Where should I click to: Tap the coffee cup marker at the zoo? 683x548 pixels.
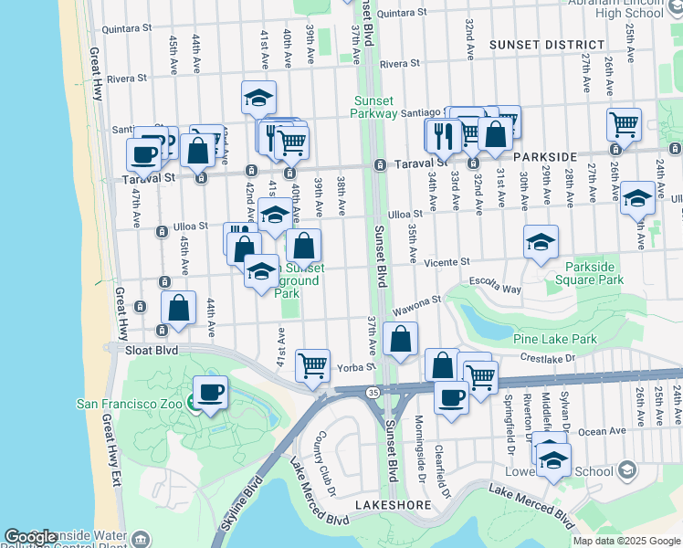(210, 394)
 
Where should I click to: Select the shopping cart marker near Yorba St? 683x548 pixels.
(312, 364)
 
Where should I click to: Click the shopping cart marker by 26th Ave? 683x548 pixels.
(624, 124)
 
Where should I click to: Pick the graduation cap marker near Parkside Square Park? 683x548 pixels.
(541, 242)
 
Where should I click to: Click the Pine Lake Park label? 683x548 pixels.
(554, 340)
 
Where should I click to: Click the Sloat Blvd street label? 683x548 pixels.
(152, 350)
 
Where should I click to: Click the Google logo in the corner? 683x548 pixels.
(31, 537)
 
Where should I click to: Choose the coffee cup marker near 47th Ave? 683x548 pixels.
(143, 154)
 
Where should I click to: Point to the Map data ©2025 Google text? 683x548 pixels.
(626, 541)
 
